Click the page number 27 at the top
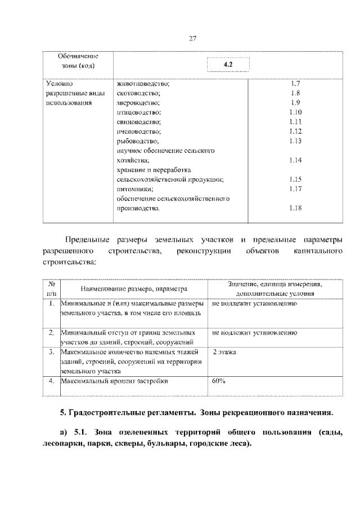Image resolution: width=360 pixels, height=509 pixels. pos(192,39)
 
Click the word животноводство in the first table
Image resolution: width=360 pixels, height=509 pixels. pos(143,84)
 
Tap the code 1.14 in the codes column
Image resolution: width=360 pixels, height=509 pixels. pos(295,160)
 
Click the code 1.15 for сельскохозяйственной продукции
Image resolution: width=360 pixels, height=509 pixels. pos(295,179)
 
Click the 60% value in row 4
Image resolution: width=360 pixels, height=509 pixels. pos(219,381)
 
